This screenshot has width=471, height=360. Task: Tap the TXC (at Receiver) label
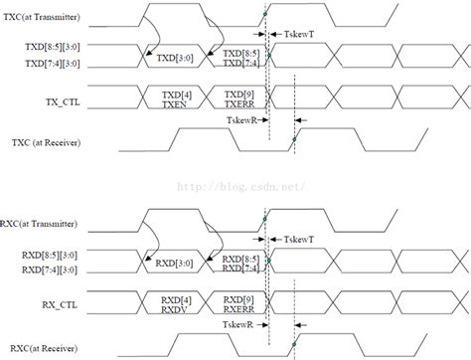[x=49, y=143]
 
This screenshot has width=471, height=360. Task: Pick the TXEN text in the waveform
[x=176, y=103]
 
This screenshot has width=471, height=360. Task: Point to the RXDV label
[x=176, y=309]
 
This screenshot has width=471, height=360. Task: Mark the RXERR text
[x=241, y=309]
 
